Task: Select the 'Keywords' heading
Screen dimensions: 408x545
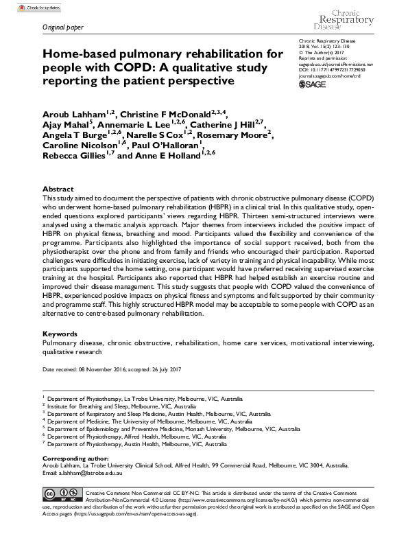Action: click(60, 333)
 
